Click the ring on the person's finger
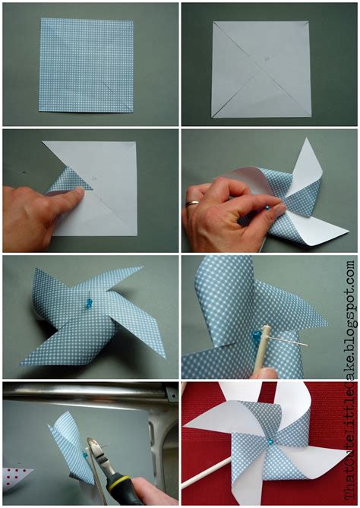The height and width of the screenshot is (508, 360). (x=194, y=204)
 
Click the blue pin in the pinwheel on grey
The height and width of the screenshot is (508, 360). (x=88, y=303)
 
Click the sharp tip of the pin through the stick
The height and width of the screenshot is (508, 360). (x=305, y=344)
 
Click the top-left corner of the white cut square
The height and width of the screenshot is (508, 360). (x=213, y=21)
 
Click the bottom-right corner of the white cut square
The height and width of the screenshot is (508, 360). (x=311, y=116)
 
